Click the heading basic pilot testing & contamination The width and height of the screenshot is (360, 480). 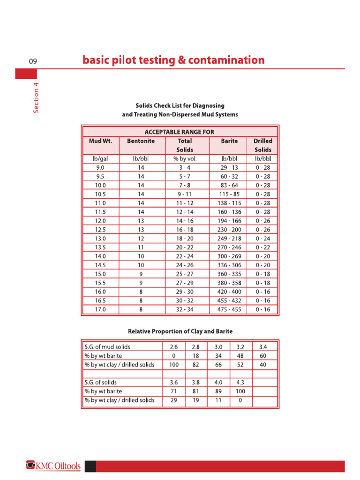point(173,60)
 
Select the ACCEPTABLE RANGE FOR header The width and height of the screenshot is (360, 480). point(180,132)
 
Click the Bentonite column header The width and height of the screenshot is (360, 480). point(141,141)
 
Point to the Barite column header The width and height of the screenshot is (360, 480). point(229,141)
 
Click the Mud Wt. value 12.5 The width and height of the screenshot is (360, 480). point(100,230)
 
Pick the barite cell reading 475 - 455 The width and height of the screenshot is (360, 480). point(229,310)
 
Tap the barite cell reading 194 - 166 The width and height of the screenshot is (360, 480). point(229,221)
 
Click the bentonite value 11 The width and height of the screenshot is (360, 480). point(141,247)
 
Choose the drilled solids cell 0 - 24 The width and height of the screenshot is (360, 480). point(263,239)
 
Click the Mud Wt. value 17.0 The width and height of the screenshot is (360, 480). point(100,310)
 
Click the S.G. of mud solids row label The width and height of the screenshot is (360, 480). point(107,347)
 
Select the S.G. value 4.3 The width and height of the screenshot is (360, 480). point(240,382)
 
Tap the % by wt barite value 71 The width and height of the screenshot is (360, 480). point(173,391)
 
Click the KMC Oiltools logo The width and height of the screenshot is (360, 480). point(53,466)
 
